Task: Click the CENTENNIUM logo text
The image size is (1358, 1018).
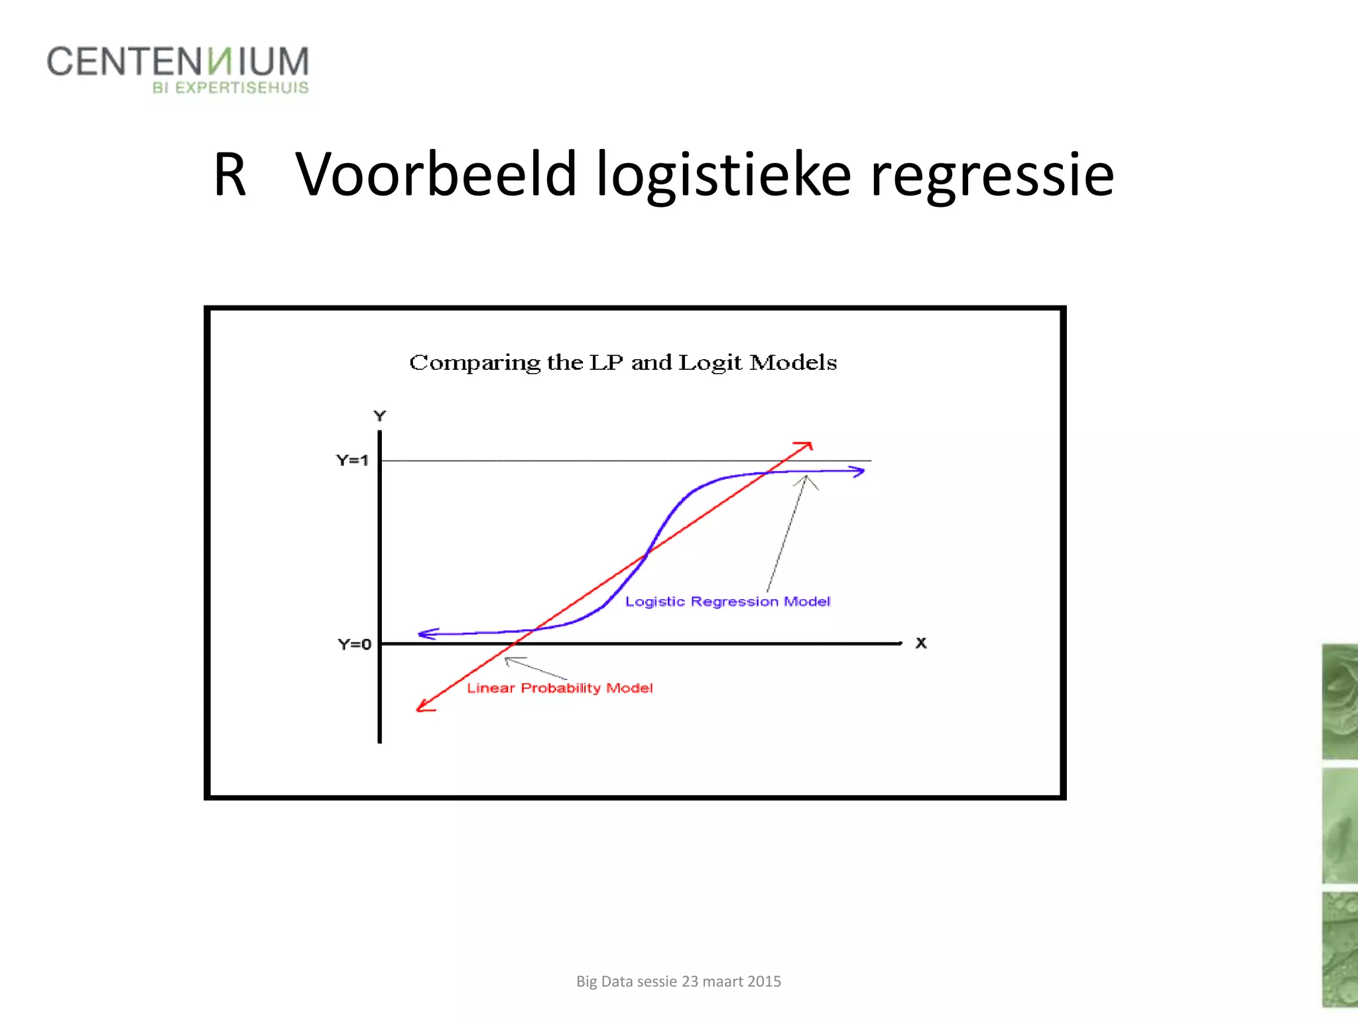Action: [x=177, y=62]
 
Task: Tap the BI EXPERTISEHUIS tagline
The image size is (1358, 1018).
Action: [x=230, y=87]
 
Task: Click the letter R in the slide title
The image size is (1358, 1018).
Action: [x=229, y=174]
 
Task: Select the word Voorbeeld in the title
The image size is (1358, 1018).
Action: [x=436, y=174]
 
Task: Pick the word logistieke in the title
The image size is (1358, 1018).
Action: [x=723, y=176]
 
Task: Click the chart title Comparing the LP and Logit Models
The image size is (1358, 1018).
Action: [x=623, y=363]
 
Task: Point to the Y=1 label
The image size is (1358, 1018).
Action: [x=352, y=460]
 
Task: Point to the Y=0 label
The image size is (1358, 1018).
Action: [x=354, y=644]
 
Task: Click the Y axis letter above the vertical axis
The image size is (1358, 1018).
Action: [x=379, y=416]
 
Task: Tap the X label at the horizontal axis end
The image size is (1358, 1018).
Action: [x=921, y=643]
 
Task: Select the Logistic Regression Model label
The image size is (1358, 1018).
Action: [x=727, y=602]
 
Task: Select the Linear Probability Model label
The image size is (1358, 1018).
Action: [x=560, y=688]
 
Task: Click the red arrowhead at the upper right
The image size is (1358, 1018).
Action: [x=806, y=447]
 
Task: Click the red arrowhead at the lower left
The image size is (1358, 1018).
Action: [x=423, y=707]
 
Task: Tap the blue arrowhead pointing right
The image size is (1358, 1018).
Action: [x=858, y=471]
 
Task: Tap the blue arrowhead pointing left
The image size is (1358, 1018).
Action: [x=426, y=634]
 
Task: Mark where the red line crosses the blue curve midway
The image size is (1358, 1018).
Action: [x=647, y=554]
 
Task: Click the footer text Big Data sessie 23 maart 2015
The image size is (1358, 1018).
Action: [x=678, y=982]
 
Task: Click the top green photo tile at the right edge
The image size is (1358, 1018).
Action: [x=1339, y=701]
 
